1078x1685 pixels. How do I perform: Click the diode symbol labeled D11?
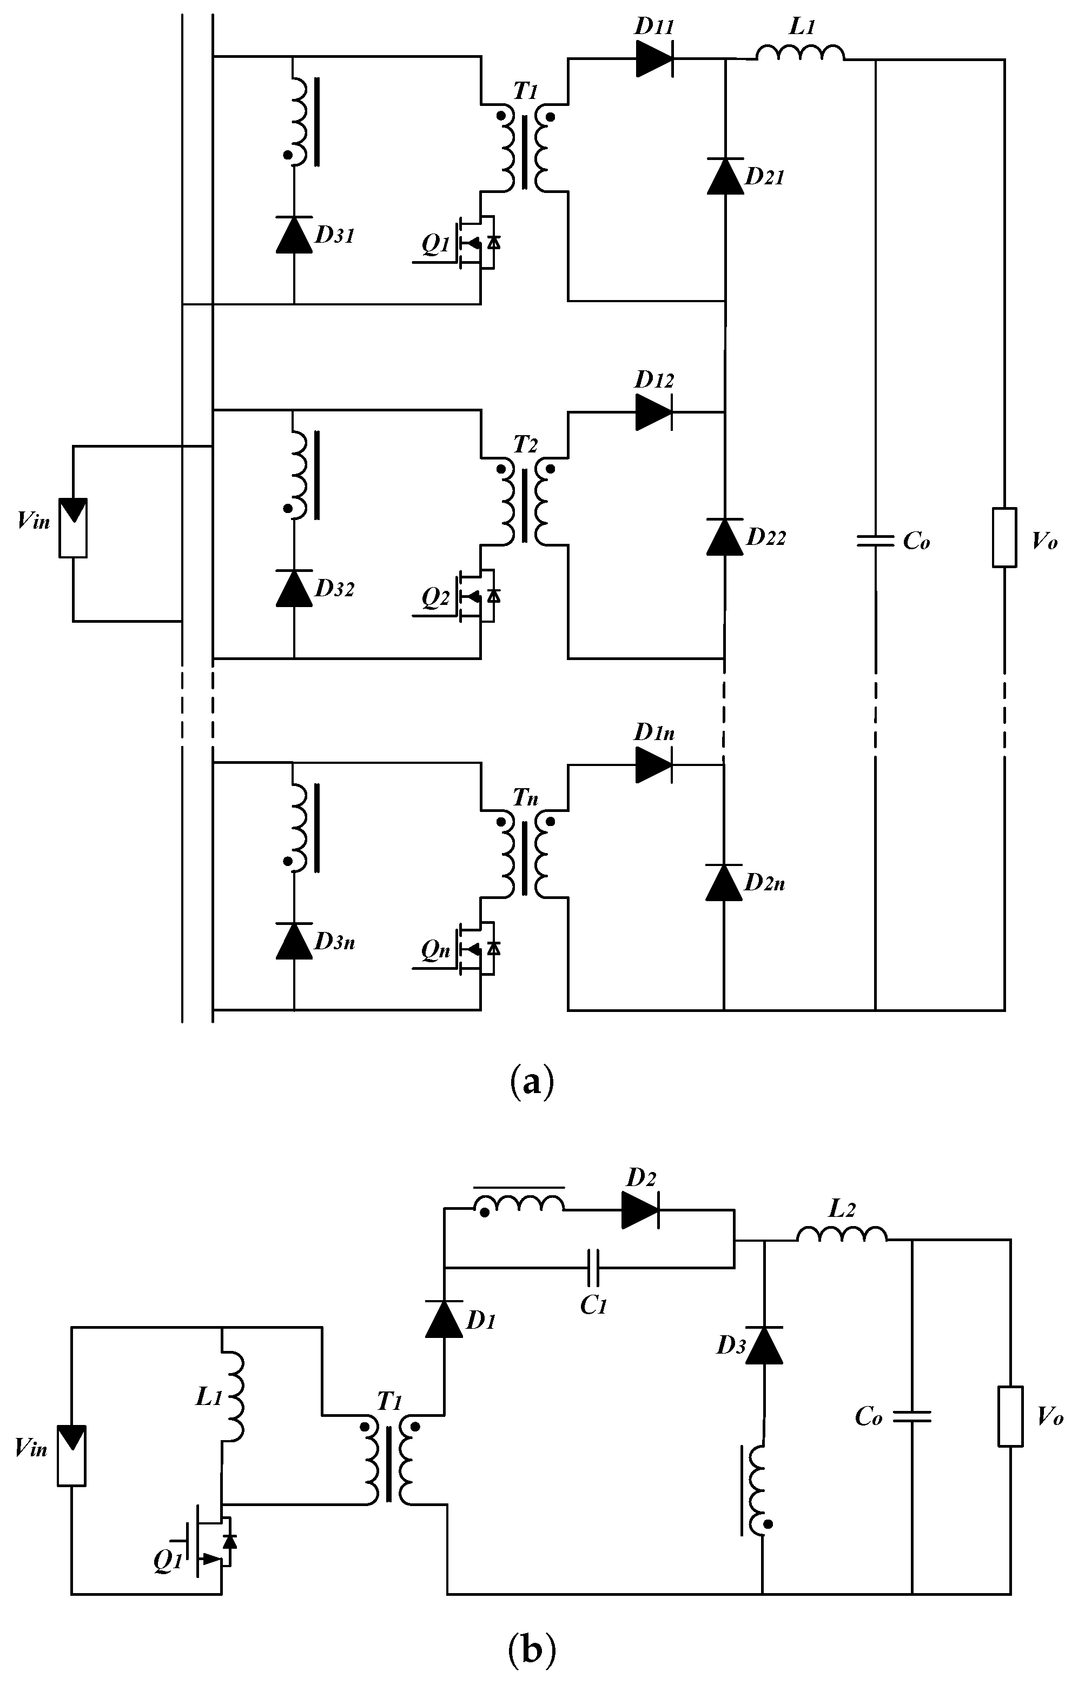click(654, 59)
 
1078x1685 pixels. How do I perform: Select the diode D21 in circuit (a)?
click(724, 176)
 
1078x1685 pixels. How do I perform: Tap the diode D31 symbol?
click(294, 235)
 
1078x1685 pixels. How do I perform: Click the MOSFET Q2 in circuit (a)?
click(476, 596)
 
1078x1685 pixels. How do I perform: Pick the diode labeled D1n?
click(654, 765)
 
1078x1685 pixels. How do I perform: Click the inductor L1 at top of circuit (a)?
click(800, 54)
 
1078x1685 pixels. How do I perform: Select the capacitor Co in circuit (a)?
click(875, 540)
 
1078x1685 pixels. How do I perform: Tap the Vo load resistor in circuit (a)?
click(1004, 537)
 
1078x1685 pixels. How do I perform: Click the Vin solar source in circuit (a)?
click(73, 528)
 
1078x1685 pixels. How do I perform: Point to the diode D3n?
click(294, 941)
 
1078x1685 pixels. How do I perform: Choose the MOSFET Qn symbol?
click(476, 949)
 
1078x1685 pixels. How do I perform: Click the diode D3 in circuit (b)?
click(763, 1345)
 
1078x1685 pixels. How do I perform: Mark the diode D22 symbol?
click(724, 537)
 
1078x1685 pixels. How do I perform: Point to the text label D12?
click(654, 380)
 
